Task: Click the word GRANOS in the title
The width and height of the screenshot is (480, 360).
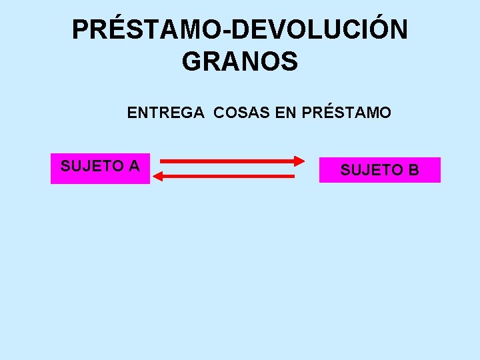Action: coord(239,62)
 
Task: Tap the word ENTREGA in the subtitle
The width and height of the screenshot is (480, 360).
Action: coord(165,113)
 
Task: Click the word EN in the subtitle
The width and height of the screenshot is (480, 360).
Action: coord(285,113)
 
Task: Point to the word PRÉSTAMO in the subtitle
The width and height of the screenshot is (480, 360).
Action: coord(346,113)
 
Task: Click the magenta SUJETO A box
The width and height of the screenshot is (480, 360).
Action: coord(100,168)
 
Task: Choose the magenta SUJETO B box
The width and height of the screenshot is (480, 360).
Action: coord(379,170)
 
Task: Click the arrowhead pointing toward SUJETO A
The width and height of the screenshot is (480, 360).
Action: coord(158,176)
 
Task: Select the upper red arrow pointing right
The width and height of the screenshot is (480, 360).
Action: coord(227,161)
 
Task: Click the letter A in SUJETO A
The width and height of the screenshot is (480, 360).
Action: coord(133,166)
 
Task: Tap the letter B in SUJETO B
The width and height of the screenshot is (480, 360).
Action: coord(413,171)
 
